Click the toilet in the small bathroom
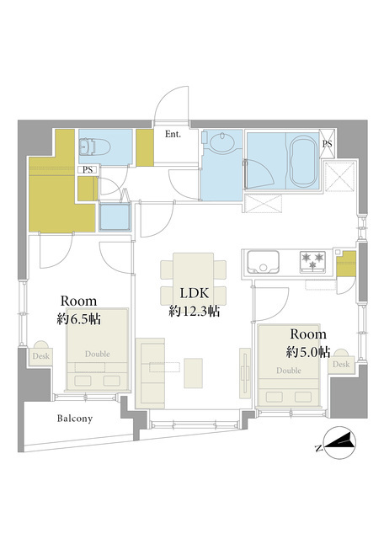coord(94,147)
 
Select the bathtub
coord(305,161)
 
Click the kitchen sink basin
coord(263,262)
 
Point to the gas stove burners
coord(312,261)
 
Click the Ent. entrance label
coord(173,134)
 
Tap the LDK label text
coord(195,293)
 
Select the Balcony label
coord(75,419)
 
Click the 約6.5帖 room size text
coord(78,319)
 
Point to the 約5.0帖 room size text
coord(308,352)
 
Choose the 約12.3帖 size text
coord(195,311)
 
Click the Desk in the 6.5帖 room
coord(41,354)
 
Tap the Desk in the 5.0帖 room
coord(341,362)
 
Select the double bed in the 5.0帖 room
coord(289,366)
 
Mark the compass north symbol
coord(339,443)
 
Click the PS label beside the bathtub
coord(327,144)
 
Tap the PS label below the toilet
coord(88,170)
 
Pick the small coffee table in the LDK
coord(193,373)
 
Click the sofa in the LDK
coord(150,373)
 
